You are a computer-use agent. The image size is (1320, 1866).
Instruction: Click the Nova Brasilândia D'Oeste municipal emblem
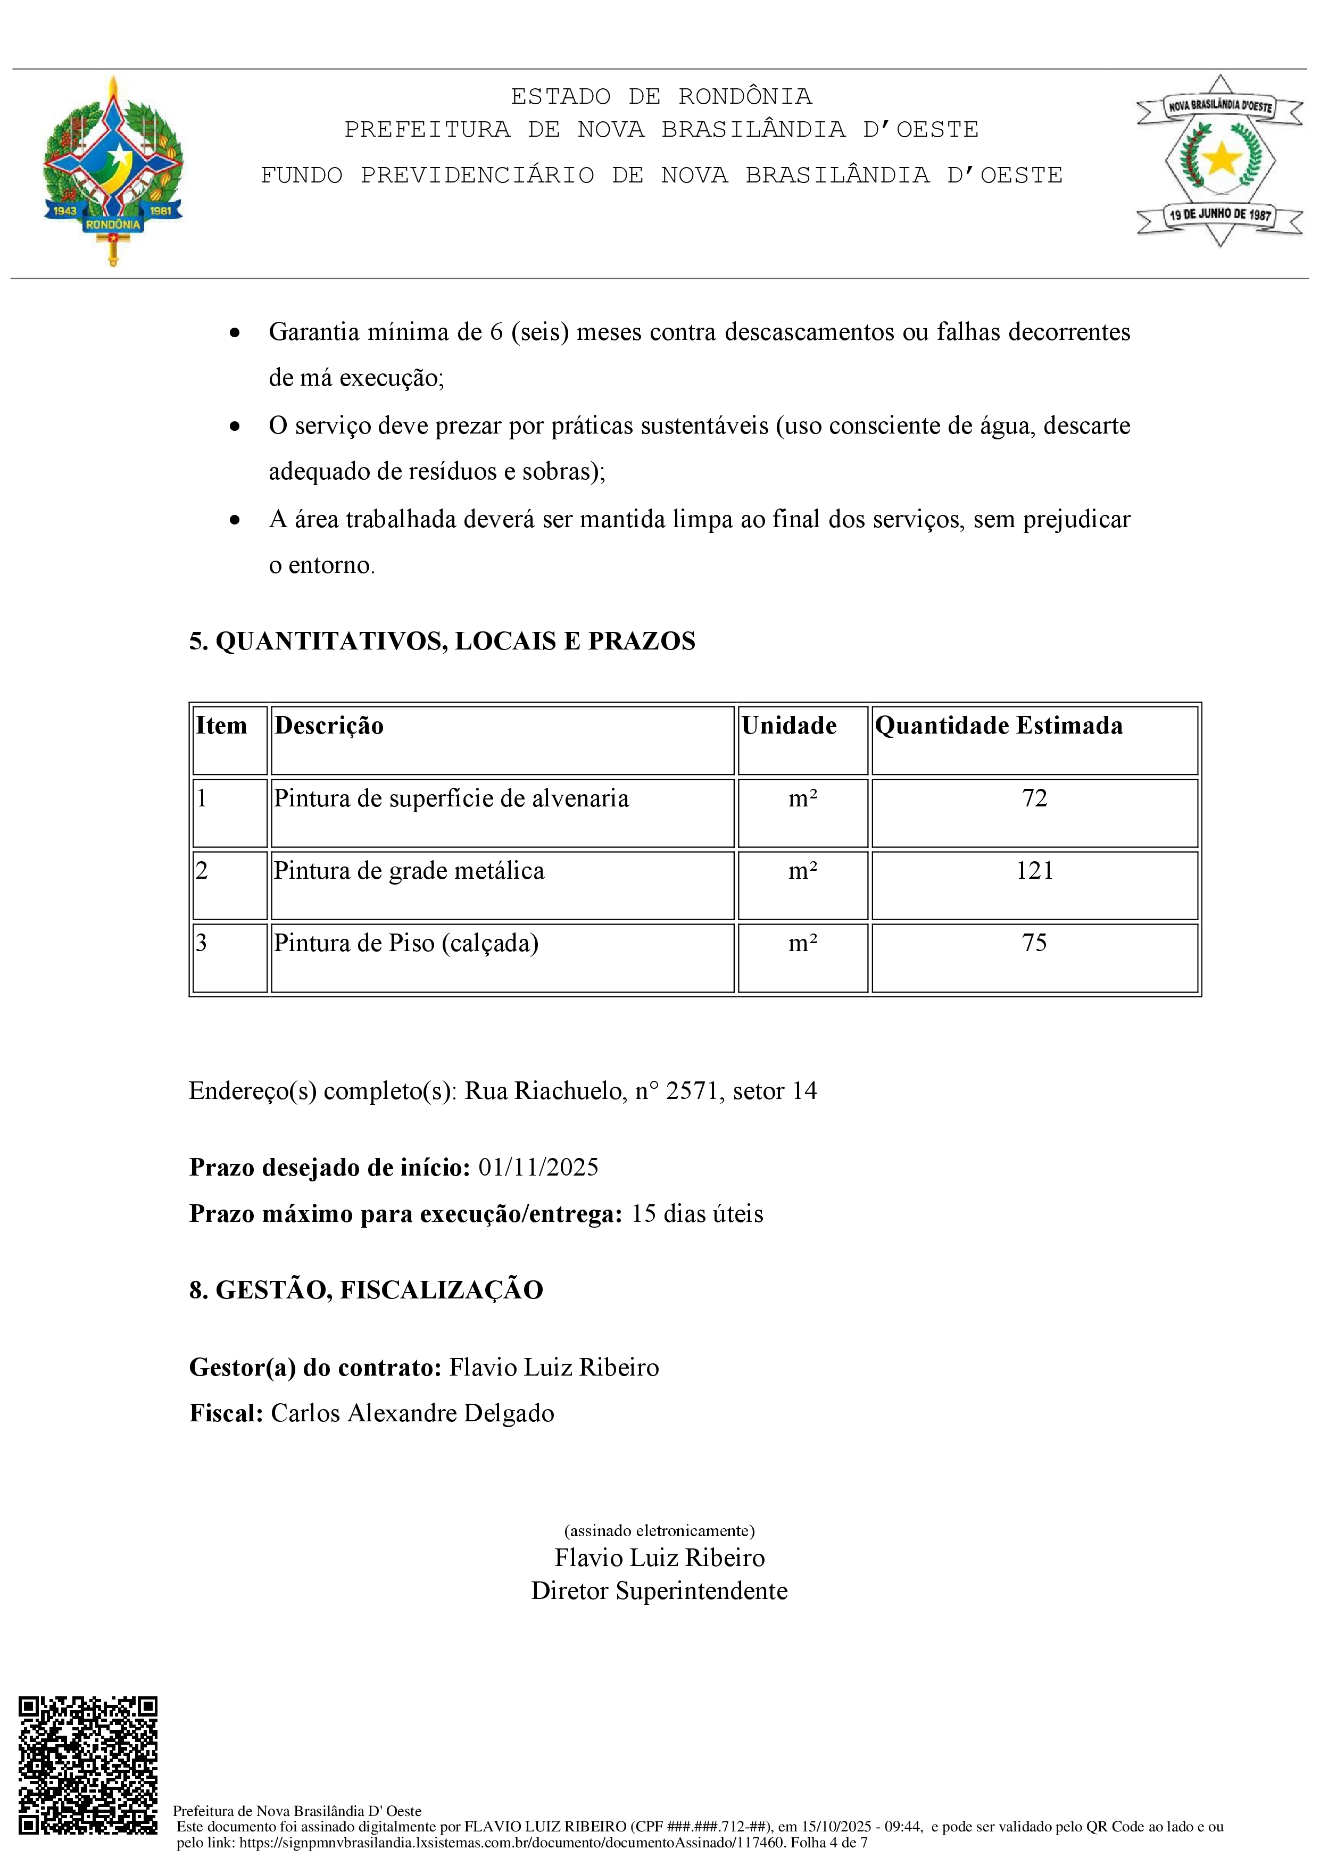click(1219, 161)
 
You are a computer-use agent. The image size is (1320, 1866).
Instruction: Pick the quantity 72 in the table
click(1034, 798)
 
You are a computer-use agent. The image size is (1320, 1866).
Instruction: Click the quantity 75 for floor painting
click(1034, 943)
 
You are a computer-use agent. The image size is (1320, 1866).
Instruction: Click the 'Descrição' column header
click(329, 725)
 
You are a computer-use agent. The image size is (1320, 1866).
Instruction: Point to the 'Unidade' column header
click(788, 725)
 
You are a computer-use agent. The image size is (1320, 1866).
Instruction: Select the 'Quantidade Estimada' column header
click(998, 725)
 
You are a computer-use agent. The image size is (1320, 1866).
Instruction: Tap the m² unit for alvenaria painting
click(802, 798)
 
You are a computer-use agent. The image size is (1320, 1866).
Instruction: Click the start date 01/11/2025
click(538, 1167)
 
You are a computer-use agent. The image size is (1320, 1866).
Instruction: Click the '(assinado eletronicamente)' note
click(659, 1530)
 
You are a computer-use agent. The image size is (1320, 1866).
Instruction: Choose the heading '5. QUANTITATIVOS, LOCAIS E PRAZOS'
click(442, 641)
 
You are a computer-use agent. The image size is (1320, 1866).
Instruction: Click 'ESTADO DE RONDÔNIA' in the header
click(661, 96)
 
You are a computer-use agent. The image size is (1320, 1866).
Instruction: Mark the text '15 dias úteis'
click(696, 1213)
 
